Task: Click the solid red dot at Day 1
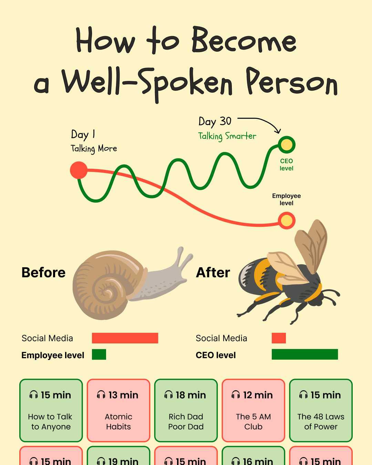click(79, 170)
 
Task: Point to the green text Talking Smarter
click(227, 136)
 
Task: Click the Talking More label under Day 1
click(94, 149)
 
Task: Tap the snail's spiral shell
click(108, 285)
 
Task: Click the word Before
click(43, 272)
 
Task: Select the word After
click(213, 272)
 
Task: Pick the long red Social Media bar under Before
click(125, 338)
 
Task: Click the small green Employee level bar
click(99, 354)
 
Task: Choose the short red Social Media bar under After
click(279, 338)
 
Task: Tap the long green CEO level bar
click(305, 354)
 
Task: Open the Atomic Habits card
click(118, 410)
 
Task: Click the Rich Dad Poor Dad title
click(186, 422)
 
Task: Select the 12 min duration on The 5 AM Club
click(258, 395)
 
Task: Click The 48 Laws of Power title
click(321, 422)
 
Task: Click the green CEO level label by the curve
click(286, 165)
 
